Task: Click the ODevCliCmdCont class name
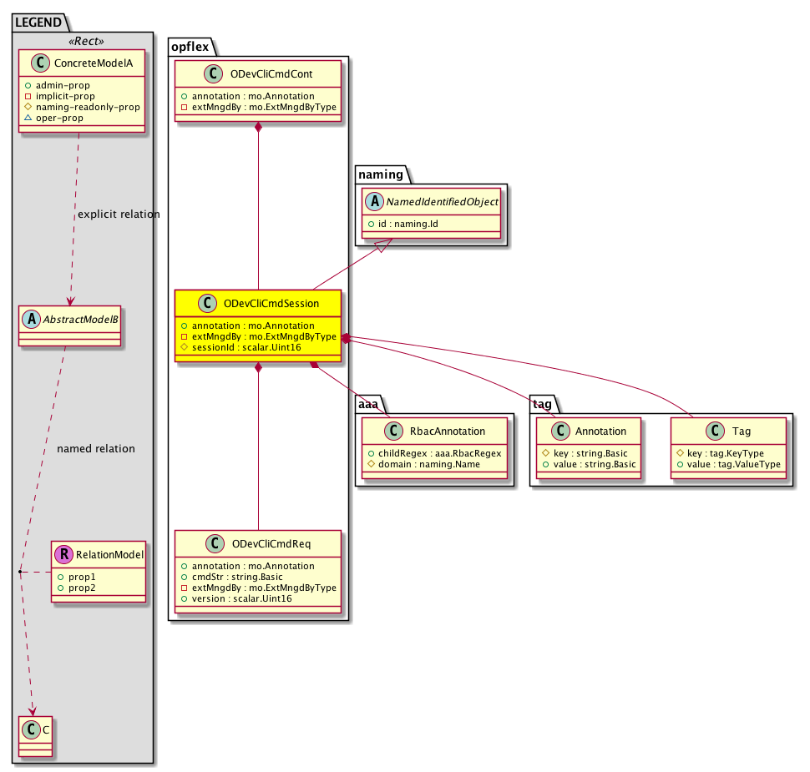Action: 271,73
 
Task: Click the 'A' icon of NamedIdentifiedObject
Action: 375,201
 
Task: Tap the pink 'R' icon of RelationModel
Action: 64,555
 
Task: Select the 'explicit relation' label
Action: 119,214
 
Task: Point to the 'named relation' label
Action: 96,449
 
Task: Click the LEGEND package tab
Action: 38,23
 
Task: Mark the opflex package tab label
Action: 190,47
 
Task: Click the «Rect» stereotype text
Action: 86,41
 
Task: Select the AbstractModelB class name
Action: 81,320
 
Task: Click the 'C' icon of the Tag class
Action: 715,431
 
